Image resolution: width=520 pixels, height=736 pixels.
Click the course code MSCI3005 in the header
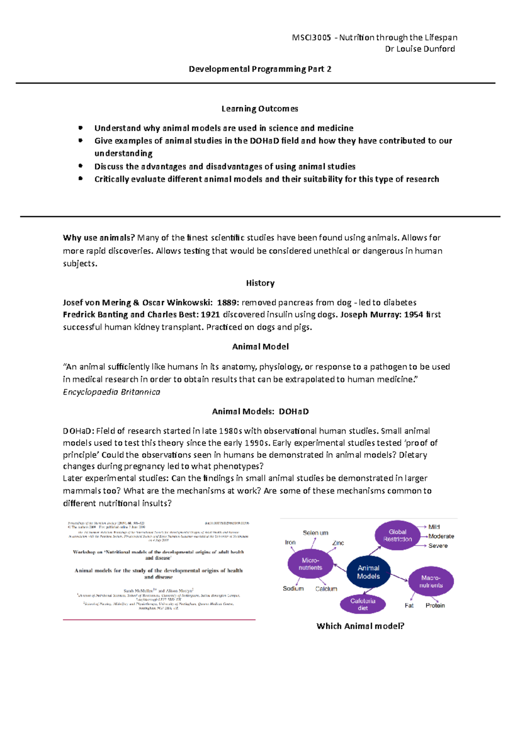pos(312,38)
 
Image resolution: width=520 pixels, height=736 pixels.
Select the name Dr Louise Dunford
pos(419,49)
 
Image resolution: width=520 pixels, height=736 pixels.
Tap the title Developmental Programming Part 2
pos(260,69)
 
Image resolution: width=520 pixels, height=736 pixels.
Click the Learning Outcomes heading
pos(260,109)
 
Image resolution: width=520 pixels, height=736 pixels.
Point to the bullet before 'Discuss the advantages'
pos(80,166)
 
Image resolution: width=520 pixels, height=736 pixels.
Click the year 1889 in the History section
pos(227,303)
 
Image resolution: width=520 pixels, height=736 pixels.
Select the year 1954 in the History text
pos(413,315)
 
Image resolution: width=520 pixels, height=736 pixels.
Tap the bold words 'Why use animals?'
pos(99,238)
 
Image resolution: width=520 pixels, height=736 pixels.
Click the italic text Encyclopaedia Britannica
pos(111,392)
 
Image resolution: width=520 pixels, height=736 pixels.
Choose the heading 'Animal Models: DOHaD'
pos(260,411)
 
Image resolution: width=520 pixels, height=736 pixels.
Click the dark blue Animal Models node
pos(368,572)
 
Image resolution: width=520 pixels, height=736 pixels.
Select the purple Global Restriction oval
pos(397,535)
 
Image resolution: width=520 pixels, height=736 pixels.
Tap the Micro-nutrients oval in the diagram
pos(310,564)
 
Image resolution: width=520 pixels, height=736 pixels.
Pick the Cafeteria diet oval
pos(363,604)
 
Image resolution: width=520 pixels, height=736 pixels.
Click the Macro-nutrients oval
pos(431,582)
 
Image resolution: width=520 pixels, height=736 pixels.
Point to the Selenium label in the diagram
pos(315,533)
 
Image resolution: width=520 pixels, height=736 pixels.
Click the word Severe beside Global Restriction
pos(438,546)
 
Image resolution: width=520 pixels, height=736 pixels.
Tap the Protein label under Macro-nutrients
pos(435,606)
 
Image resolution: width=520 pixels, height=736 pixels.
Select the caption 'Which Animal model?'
pos(360,626)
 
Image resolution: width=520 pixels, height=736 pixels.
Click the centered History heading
pos(260,283)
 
